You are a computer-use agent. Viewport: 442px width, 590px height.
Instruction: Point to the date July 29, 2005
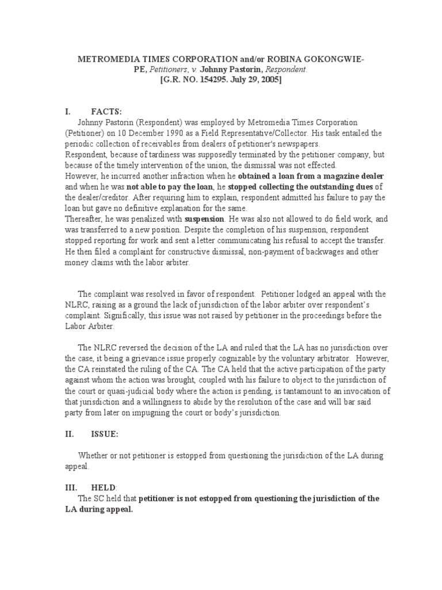coord(259,80)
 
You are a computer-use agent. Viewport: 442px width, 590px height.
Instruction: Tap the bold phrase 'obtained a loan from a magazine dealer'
coord(311,176)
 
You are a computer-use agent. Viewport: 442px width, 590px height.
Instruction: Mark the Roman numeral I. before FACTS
coord(67,111)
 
